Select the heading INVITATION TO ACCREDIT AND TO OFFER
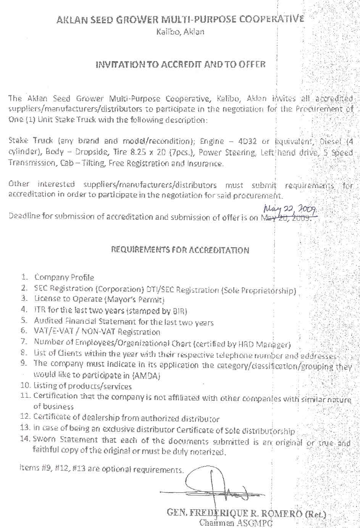[x=180, y=64]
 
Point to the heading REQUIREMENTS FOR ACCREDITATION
[x=180, y=250]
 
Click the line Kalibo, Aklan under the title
[x=180, y=32]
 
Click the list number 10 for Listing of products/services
[x=26, y=386]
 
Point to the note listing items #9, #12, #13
[x=101, y=469]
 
